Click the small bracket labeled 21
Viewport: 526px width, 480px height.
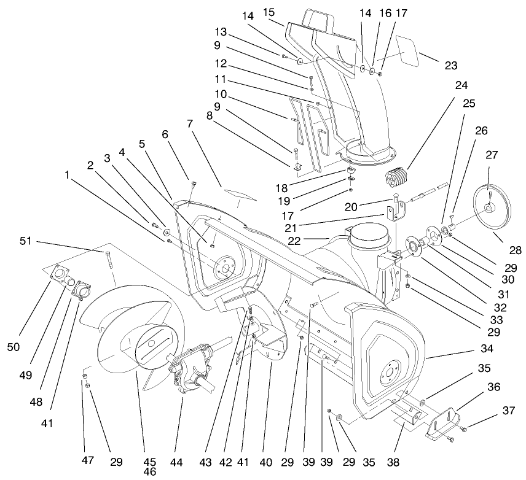coord(392,214)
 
